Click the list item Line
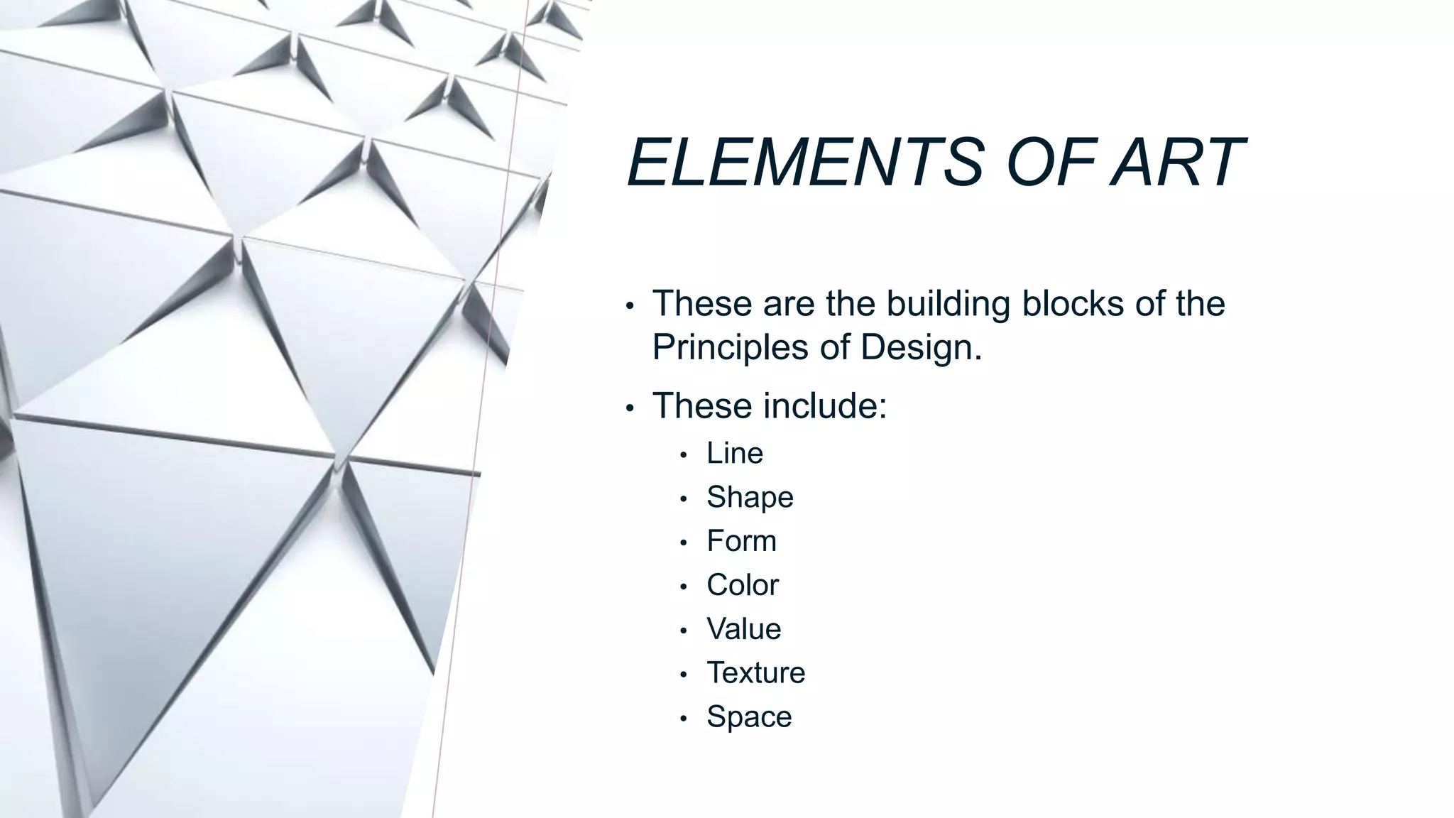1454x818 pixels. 734,454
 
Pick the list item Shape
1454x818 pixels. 750,498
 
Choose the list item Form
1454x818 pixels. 741,542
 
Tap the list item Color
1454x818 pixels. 743,586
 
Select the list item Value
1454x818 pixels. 743,629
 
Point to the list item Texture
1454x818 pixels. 755,673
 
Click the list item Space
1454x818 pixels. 749,717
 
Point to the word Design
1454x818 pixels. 921,349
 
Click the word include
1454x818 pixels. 825,406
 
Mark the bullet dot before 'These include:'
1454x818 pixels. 630,408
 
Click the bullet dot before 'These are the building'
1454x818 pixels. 630,306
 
